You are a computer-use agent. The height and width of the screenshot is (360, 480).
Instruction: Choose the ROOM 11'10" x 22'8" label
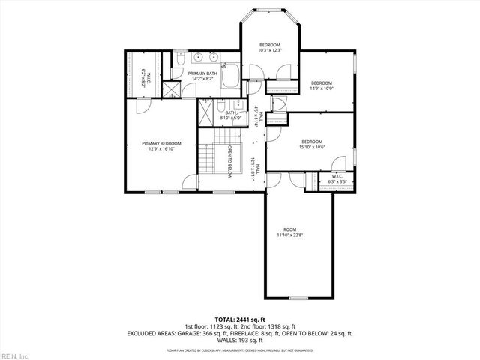tap(289, 235)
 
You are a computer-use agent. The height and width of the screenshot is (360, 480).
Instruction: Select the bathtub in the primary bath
tap(230, 76)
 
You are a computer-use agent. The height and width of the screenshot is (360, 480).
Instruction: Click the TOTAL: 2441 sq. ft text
tap(239, 319)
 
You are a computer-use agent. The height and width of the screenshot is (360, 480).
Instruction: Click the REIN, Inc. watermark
tap(14, 355)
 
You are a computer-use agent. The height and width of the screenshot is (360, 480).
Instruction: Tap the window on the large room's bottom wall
tap(300, 298)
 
